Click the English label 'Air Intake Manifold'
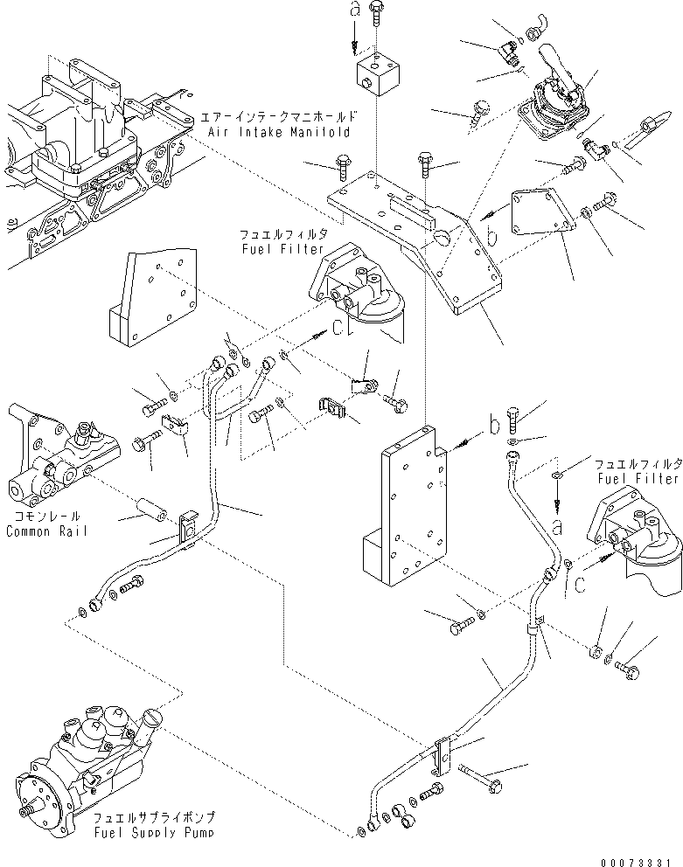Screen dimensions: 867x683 point(279,132)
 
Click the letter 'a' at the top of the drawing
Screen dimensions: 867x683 point(353,11)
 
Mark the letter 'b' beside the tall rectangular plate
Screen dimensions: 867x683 point(494,427)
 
